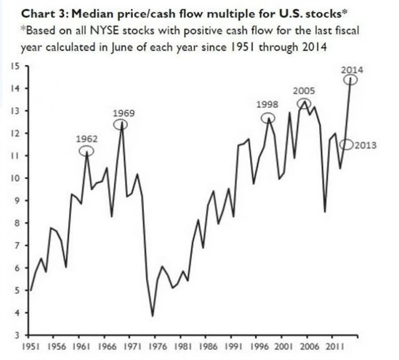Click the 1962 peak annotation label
[x=87, y=138]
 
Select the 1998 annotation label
[x=267, y=104]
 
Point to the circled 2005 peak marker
[x=304, y=104]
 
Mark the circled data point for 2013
[x=347, y=145]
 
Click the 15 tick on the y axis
[x=17, y=66]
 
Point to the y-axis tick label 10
[x=17, y=178]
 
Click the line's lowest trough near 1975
[x=153, y=316]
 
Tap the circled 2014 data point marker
[x=352, y=80]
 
